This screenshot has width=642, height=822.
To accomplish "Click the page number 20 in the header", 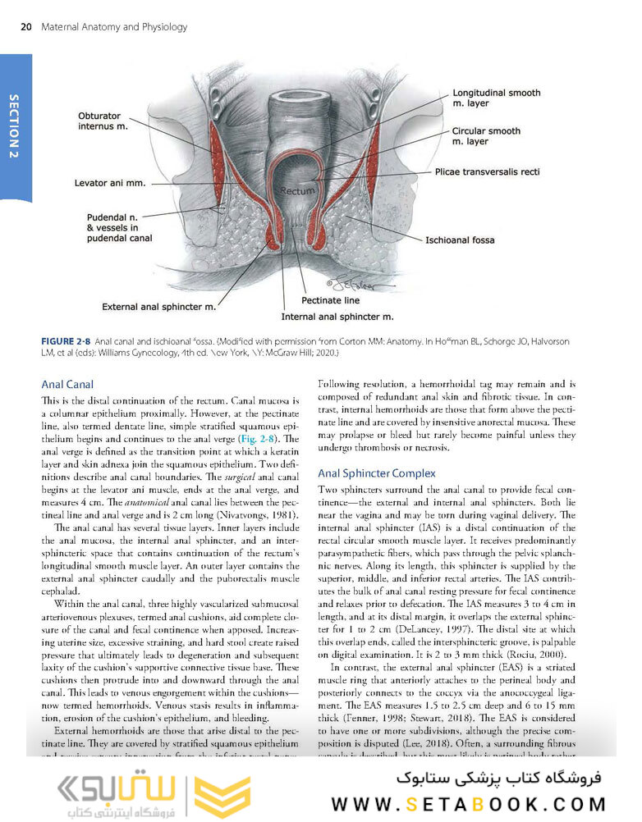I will [25, 27].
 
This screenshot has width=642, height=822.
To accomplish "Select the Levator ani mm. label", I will [114, 183].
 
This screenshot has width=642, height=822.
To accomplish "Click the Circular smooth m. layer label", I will [486, 136].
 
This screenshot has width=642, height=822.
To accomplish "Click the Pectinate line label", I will [330, 300].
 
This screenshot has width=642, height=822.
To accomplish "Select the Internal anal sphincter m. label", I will [337, 316].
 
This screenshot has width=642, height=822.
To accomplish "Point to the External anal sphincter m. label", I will [158, 307].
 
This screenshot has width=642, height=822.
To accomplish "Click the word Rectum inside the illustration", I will [297, 190].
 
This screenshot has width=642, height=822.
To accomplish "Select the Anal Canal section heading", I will [67, 384].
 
